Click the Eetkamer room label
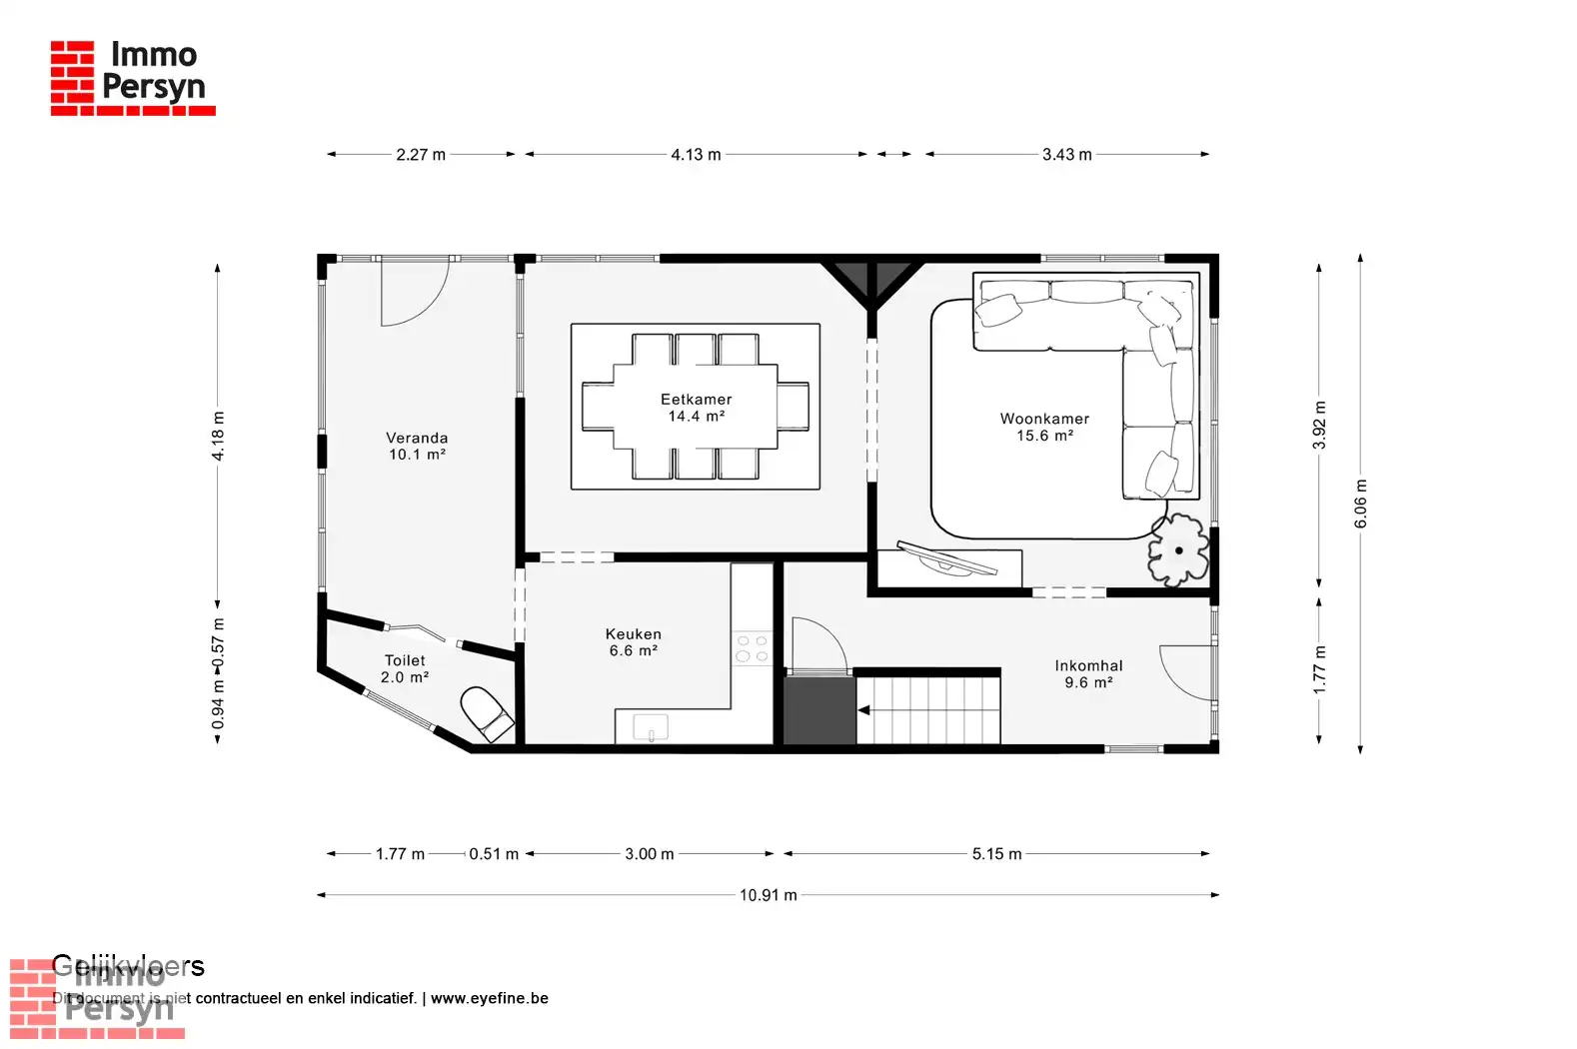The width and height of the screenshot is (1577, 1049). tap(696, 408)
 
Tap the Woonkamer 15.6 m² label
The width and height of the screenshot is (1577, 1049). tap(1044, 428)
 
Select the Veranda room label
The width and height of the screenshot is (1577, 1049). tap(417, 446)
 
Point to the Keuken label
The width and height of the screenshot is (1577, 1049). tap(633, 642)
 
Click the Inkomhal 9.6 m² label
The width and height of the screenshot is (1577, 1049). tap(1088, 674)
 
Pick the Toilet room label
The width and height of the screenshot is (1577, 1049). tap(405, 668)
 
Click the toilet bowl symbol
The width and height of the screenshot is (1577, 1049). tap(487, 713)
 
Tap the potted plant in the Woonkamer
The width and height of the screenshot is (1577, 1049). tap(1178, 549)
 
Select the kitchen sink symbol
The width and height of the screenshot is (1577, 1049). tap(651, 727)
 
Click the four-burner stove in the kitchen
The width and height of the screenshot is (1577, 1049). tap(752, 648)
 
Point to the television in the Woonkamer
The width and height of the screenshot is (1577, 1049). tap(946, 558)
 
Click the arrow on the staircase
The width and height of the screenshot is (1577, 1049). tap(864, 710)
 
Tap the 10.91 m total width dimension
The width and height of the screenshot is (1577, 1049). tap(768, 895)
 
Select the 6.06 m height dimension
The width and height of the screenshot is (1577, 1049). tap(1360, 505)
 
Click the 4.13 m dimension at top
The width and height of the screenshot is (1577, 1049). tap(696, 155)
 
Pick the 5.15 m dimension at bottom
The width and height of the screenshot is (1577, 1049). tap(996, 854)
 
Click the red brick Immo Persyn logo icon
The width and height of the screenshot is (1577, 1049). tap(72, 77)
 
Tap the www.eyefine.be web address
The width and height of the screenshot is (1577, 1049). tap(489, 998)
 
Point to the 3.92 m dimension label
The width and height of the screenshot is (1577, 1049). tap(1319, 425)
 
